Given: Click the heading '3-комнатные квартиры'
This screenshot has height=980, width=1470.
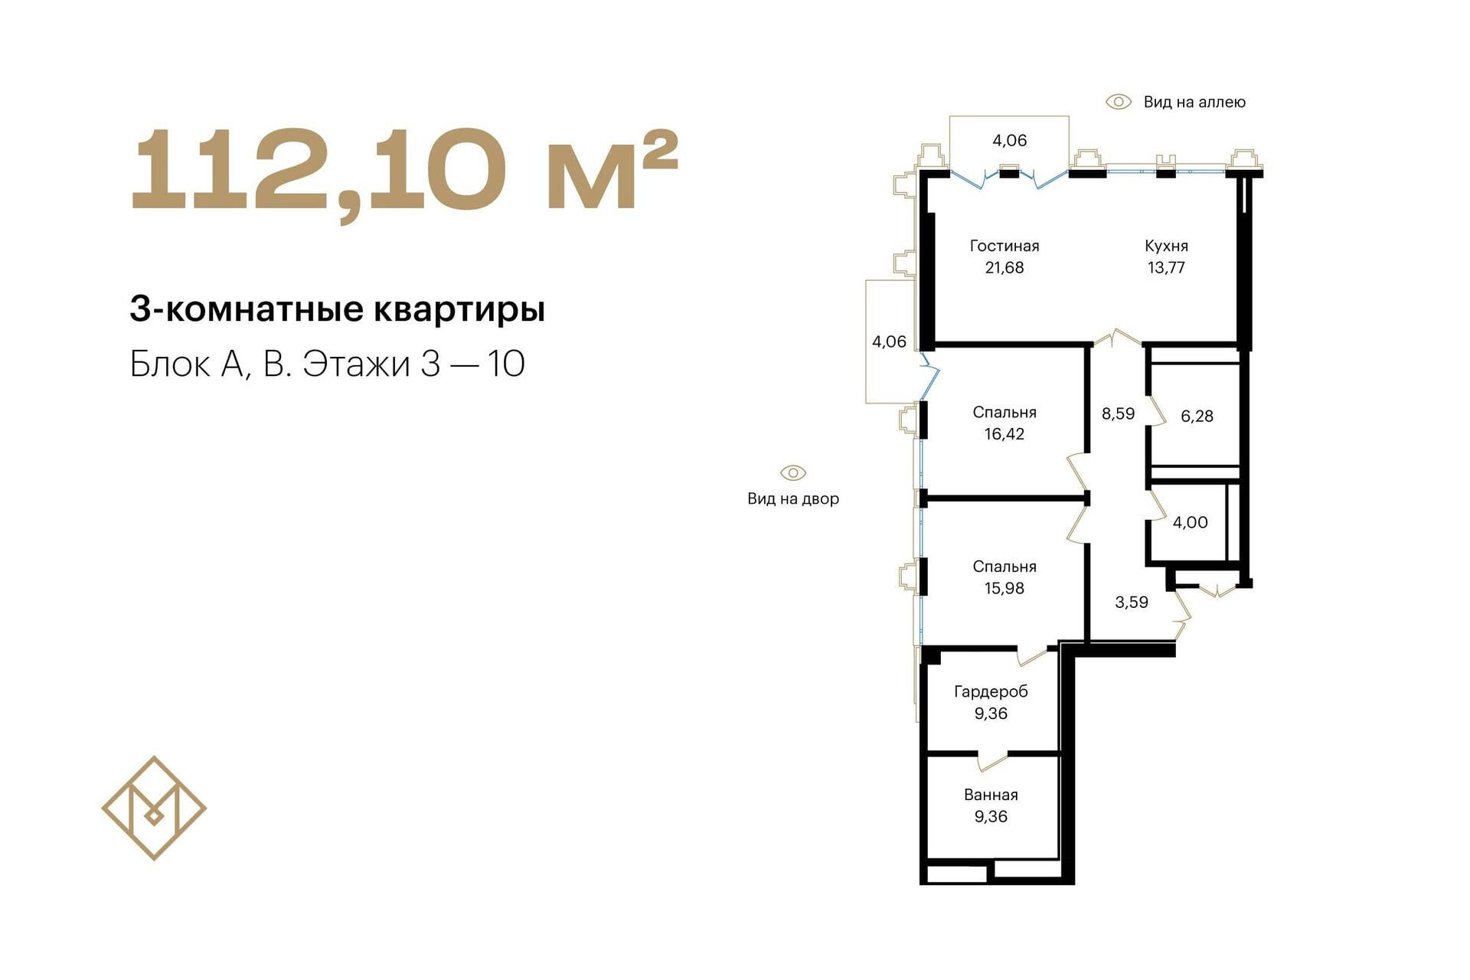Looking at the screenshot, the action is coord(338,309).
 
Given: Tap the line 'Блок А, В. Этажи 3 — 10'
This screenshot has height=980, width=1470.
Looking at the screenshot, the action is coord(328,364).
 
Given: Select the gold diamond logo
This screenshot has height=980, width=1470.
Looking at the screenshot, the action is coord(154,808).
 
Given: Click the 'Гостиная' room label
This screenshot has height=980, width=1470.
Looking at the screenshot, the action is coord(1004,246).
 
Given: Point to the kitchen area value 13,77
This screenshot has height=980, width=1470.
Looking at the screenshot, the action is coord(1166,268).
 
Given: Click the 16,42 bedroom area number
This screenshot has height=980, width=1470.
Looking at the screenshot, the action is coord(1004,434).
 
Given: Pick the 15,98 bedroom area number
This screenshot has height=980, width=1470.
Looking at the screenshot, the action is coord(1004,589).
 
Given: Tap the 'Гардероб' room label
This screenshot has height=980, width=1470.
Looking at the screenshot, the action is coord(991,692).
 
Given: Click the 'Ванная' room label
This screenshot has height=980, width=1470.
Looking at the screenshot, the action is coord(991,795).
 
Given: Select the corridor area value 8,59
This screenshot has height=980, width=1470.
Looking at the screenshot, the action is coord(1118,414).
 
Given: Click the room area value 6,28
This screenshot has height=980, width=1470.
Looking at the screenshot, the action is coord(1197,416).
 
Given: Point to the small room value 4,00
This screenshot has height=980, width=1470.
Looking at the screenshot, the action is coord(1191,523).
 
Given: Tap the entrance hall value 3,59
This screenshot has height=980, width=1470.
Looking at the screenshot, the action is coord(1132,603).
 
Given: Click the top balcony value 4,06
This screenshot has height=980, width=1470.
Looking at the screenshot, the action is coord(1010,141).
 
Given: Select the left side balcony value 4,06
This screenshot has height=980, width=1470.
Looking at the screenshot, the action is coord(889,342).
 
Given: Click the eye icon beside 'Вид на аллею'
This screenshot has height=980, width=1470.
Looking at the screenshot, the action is coord(1119,102).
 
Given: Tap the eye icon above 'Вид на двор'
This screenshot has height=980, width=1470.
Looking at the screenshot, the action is coord(793,472).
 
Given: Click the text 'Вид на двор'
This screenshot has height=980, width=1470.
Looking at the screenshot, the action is coord(793,499).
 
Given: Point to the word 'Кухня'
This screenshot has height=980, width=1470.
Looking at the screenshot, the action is coord(1166,246).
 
